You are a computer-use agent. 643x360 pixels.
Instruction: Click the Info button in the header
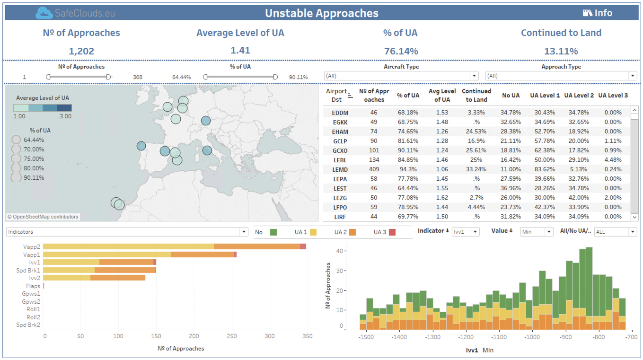[x=598, y=13]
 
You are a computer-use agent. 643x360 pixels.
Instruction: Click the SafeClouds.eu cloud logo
[x=44, y=13]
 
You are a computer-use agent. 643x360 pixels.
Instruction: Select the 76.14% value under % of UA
[x=401, y=51]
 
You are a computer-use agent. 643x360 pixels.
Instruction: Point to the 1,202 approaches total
[x=81, y=51]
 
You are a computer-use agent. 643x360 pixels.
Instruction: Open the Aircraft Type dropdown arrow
[x=474, y=76]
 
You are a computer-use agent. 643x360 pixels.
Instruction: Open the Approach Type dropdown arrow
[x=633, y=76]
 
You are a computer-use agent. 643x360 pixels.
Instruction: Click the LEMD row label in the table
[x=340, y=169]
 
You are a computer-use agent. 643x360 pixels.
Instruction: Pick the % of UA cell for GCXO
[x=408, y=150]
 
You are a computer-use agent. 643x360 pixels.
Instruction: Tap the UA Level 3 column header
[x=613, y=95]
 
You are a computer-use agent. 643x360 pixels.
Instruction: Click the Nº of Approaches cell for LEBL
[x=374, y=160]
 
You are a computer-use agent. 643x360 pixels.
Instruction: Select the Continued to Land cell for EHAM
[x=476, y=132]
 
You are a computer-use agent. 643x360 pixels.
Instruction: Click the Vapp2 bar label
[x=32, y=246]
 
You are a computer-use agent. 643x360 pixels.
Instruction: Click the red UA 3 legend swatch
[x=392, y=232]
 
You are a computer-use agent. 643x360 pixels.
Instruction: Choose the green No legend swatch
[x=273, y=232]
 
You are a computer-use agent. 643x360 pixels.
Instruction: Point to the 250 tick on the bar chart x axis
[x=232, y=336]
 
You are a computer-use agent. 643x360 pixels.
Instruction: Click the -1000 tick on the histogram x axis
[x=532, y=337]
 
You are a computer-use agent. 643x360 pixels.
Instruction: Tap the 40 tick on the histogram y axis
[x=340, y=251]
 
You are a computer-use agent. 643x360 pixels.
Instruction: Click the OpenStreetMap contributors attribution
[x=43, y=217]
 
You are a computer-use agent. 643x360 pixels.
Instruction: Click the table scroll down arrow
[x=634, y=217]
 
